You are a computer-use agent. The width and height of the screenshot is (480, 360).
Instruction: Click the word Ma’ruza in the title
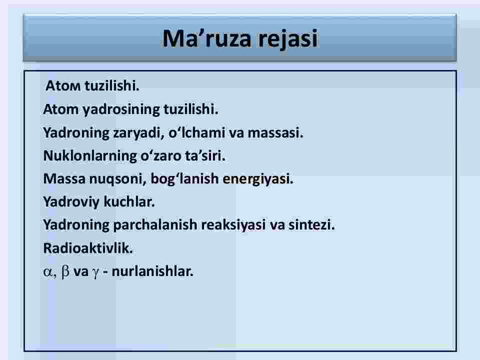coord(207,38)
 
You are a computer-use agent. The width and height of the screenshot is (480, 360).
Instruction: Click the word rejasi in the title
coord(288,39)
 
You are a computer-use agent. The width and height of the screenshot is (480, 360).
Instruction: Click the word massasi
coord(275,133)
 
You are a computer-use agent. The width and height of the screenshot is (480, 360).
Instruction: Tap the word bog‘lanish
coord(184,179)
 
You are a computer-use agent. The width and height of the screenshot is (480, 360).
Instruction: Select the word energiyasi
coord(258,179)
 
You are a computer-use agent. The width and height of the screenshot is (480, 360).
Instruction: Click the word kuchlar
coord(129,201)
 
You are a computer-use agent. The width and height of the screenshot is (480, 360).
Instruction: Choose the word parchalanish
coord(155,224)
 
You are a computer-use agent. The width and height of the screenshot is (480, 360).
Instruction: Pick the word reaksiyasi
coord(233,225)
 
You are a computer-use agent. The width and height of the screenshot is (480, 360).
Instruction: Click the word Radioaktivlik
coord(88,248)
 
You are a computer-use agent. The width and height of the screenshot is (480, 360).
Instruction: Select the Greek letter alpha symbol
coord(48,272)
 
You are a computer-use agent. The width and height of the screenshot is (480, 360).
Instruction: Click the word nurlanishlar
coord(152,271)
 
